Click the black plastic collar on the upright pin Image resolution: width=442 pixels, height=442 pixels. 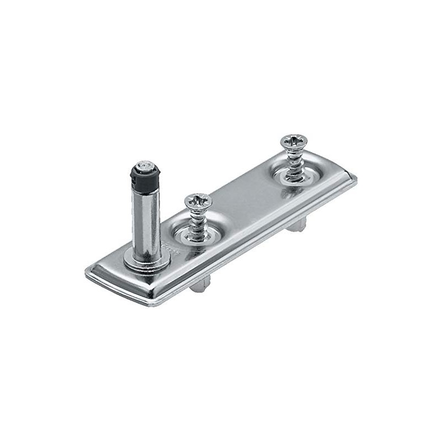tap(145, 177)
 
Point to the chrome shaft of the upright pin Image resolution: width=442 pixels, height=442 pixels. tap(146, 221)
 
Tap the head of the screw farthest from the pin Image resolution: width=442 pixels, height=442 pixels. tap(294, 141)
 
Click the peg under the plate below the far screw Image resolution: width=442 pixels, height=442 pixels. tap(296, 224)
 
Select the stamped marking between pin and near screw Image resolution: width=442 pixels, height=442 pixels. tap(169, 249)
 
